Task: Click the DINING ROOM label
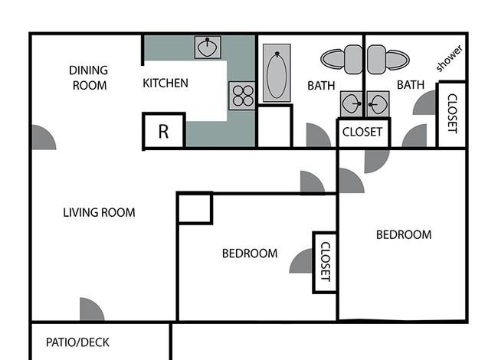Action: [x=89, y=78]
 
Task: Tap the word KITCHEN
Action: [x=165, y=83]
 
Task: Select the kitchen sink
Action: [x=208, y=47]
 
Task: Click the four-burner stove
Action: [x=243, y=96]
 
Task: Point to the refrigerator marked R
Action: [x=163, y=130]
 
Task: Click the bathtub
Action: [x=277, y=73]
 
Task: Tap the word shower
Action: [x=449, y=59]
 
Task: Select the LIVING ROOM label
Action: [x=99, y=212]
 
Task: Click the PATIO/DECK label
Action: [x=77, y=342]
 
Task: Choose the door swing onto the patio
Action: [x=91, y=309]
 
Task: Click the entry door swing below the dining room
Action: [x=44, y=137]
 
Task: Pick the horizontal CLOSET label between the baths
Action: [x=362, y=132]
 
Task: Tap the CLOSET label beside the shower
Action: [x=452, y=113]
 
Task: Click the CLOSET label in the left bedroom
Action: [x=326, y=262]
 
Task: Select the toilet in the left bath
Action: [x=342, y=60]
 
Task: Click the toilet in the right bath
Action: [x=388, y=60]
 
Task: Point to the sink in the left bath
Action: [x=351, y=104]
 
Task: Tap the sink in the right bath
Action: [x=378, y=104]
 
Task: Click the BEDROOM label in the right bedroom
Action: [x=404, y=235]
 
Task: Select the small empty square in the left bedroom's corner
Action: [x=195, y=208]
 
